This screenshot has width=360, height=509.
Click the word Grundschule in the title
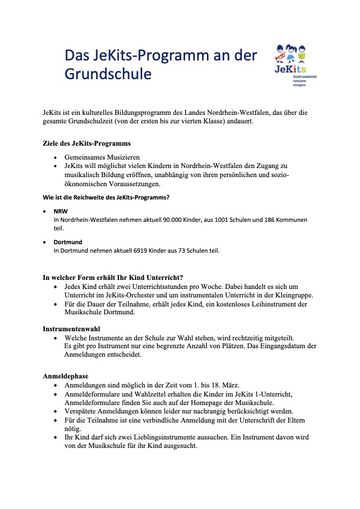pyautogui.click(x=108, y=74)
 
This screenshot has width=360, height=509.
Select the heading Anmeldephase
pyautogui.click(x=65, y=375)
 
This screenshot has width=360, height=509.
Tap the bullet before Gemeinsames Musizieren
pyautogui.click(x=56, y=155)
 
